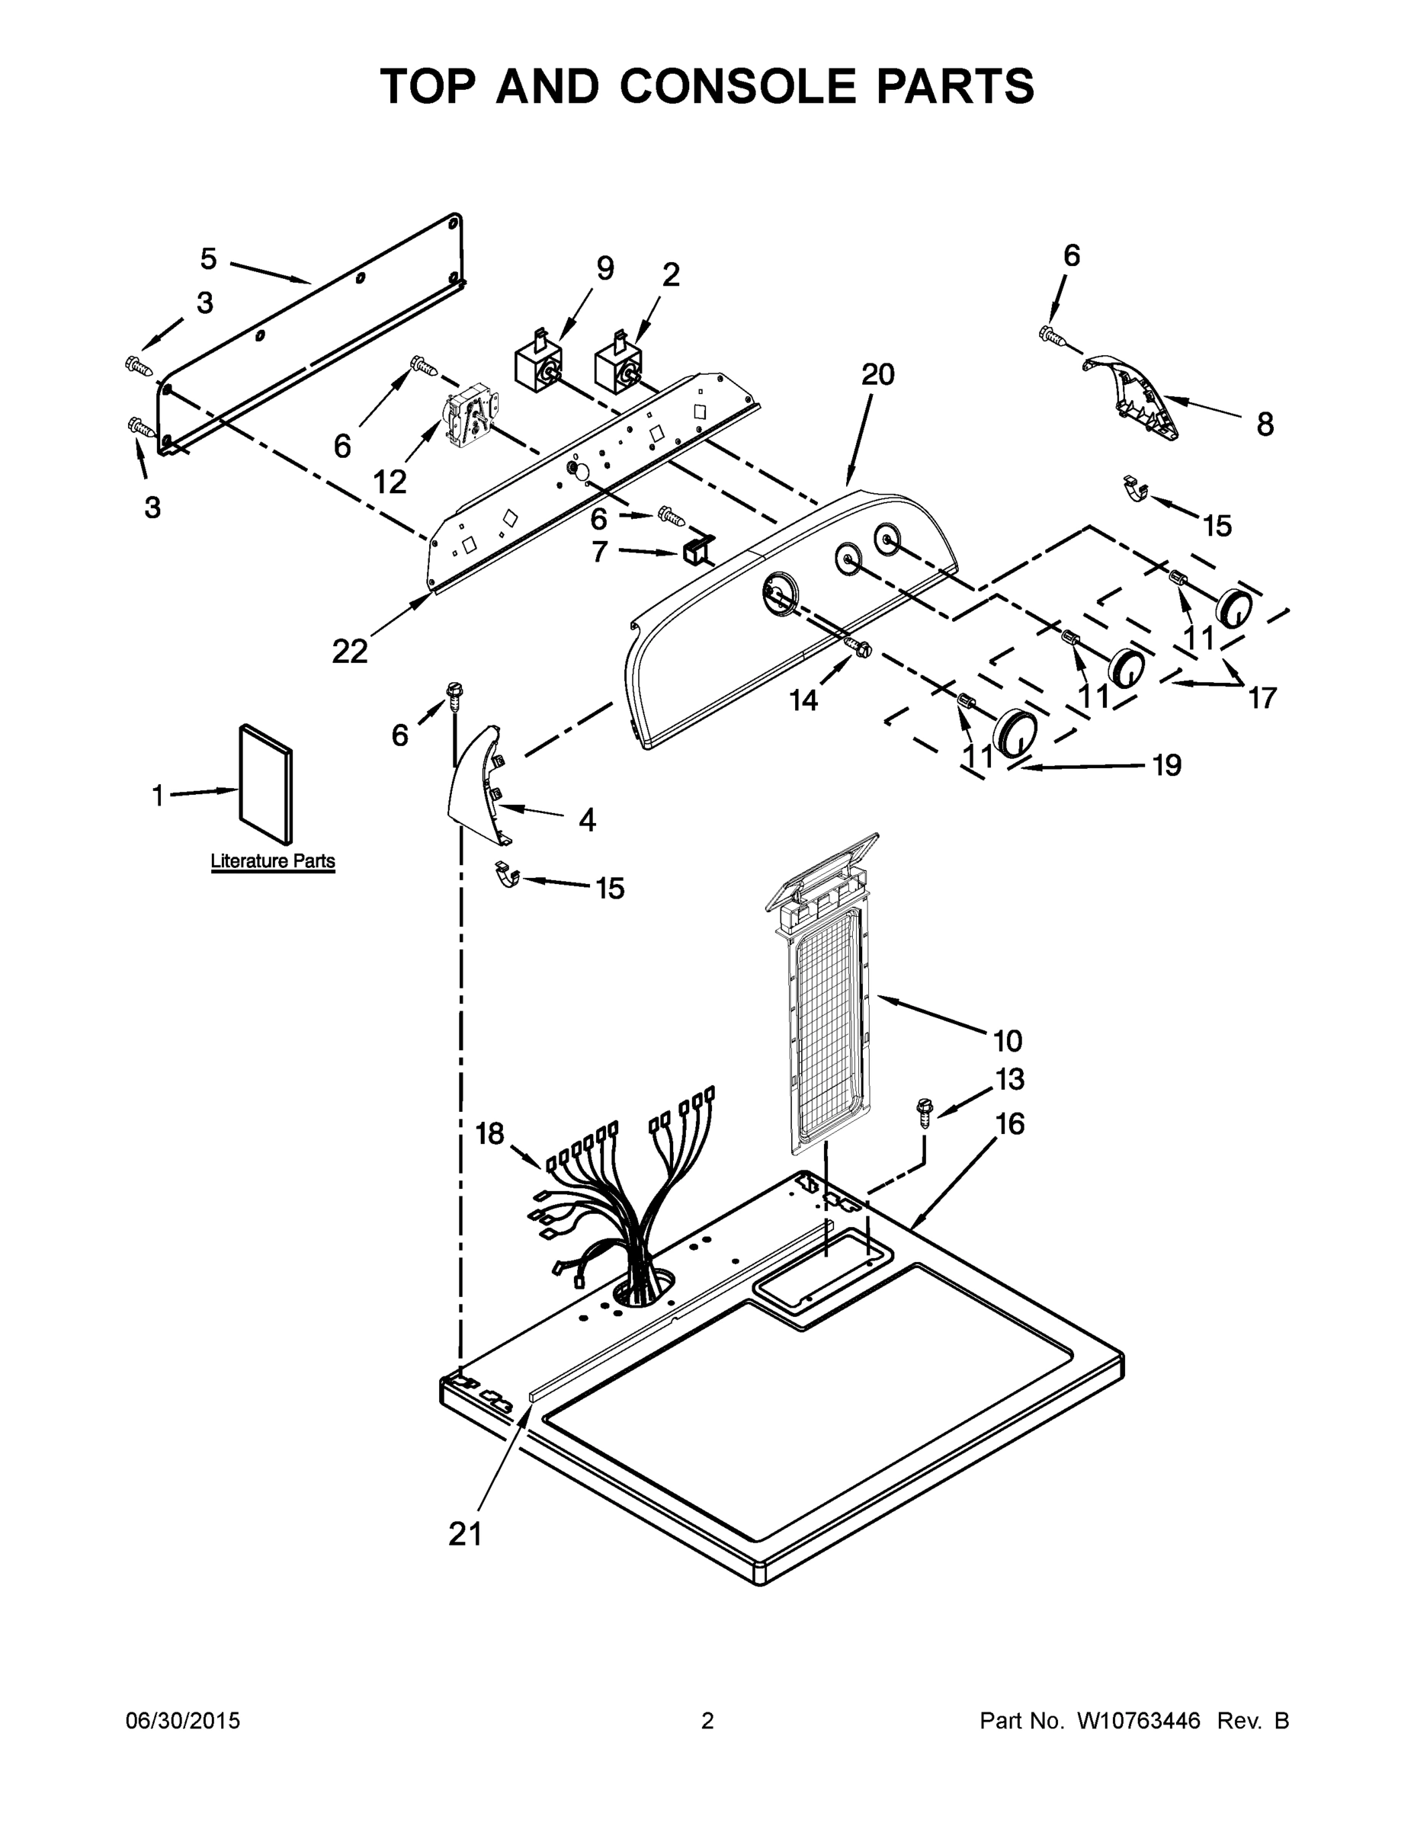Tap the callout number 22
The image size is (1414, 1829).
(349, 651)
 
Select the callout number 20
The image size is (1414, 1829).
(877, 374)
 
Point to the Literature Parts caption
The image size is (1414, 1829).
(272, 861)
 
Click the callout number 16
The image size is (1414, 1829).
(1010, 1125)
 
